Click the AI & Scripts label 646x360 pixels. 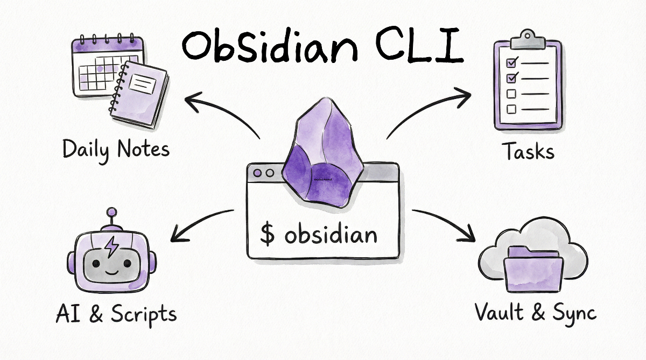click(116, 314)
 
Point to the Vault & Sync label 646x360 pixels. click(536, 312)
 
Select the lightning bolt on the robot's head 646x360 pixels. click(112, 246)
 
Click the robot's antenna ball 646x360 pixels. click(112, 213)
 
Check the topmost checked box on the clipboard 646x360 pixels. click(512, 62)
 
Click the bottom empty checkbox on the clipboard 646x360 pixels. click(511, 109)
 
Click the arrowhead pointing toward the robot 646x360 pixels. click(174, 236)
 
